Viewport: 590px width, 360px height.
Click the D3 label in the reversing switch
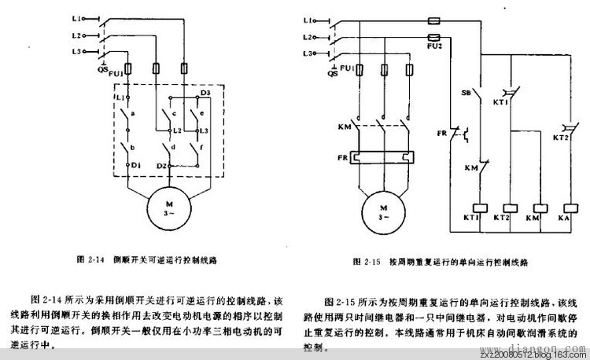pos(205,94)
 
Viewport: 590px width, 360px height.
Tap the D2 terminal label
pos(161,166)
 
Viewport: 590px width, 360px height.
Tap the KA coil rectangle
pos(562,215)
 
